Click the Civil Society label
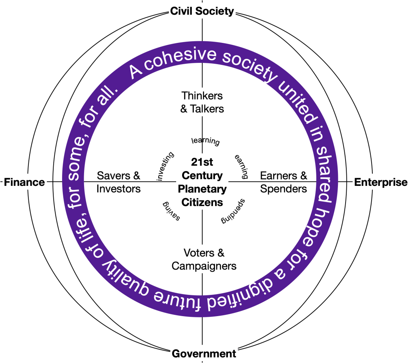(x=202, y=11)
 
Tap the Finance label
(x=24, y=182)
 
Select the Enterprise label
(x=380, y=182)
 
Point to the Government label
(x=204, y=353)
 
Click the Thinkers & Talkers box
(x=202, y=102)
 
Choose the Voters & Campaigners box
(x=204, y=259)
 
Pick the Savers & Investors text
(x=119, y=182)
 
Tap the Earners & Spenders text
(x=283, y=182)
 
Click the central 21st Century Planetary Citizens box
(x=202, y=182)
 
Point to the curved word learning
(x=206, y=141)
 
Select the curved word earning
(x=241, y=165)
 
